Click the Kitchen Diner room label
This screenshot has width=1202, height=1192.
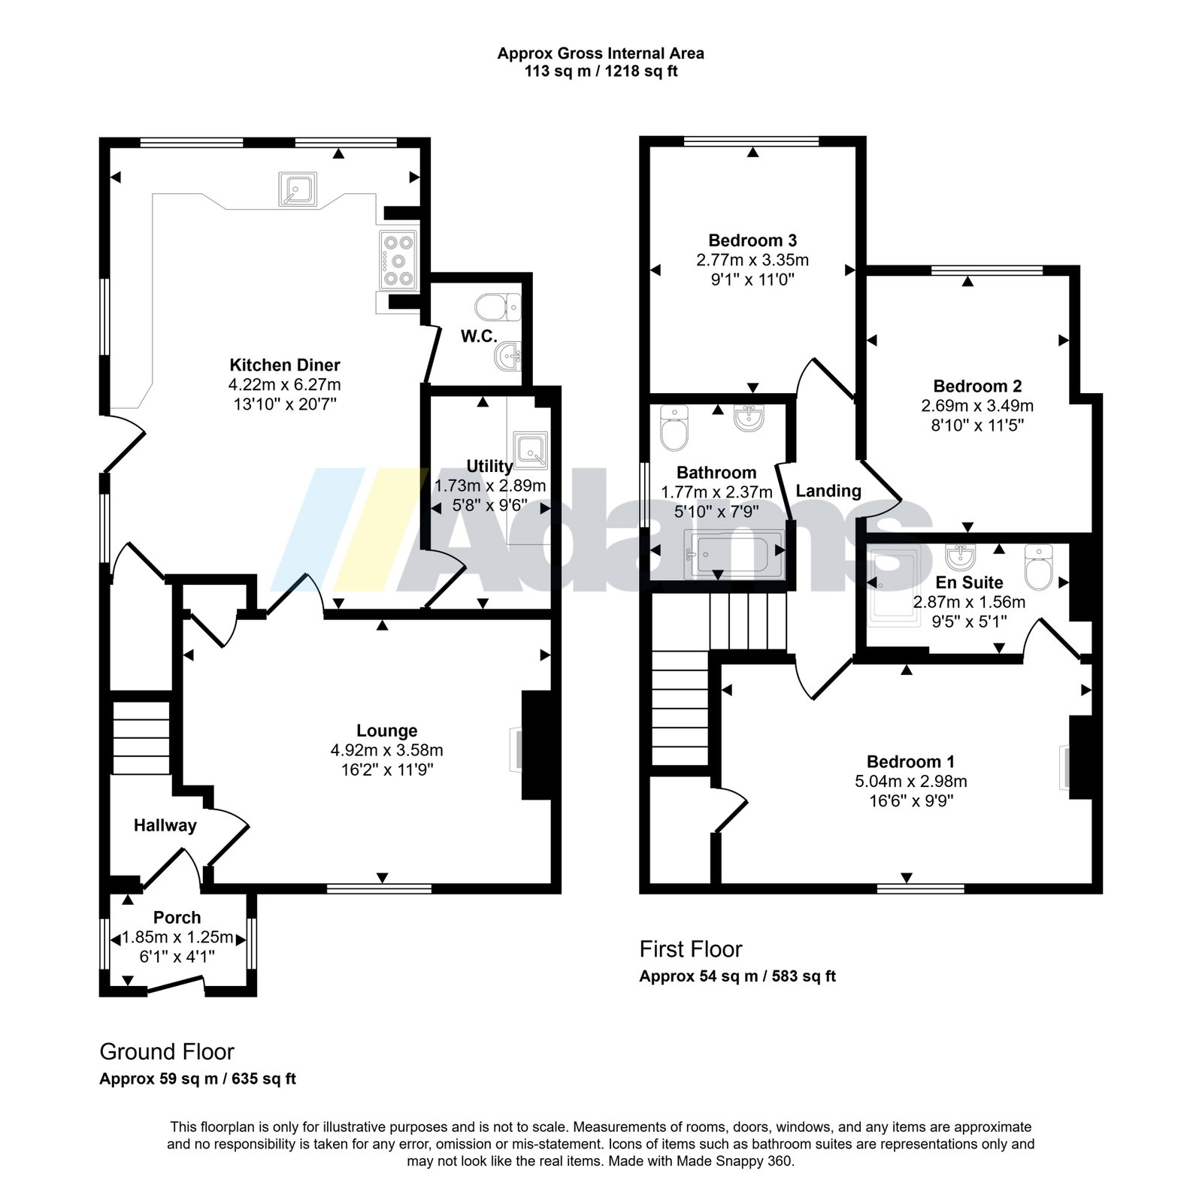pos(284,365)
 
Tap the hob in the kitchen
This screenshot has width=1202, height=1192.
pos(398,261)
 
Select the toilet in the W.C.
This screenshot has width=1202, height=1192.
pos(498,306)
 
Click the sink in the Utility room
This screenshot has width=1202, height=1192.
pos(531,449)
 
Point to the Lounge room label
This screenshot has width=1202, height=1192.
pos(386,731)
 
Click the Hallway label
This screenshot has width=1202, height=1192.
pos(165,825)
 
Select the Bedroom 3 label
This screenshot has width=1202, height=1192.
pos(752,241)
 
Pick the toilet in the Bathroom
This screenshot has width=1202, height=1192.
pos(674,427)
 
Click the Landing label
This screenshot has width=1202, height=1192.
pos(828,491)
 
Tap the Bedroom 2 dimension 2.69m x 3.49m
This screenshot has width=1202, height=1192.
pos(977,406)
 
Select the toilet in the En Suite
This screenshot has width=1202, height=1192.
pos(1037,567)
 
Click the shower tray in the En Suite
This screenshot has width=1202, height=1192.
pos(895,587)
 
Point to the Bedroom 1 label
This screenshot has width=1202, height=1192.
pos(910,761)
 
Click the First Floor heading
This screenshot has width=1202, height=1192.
pos(691,949)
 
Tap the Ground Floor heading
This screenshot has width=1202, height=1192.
pos(167,1051)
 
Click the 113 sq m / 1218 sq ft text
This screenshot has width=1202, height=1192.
pos(601,72)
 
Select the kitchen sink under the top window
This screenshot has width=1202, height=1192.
pos(298,189)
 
